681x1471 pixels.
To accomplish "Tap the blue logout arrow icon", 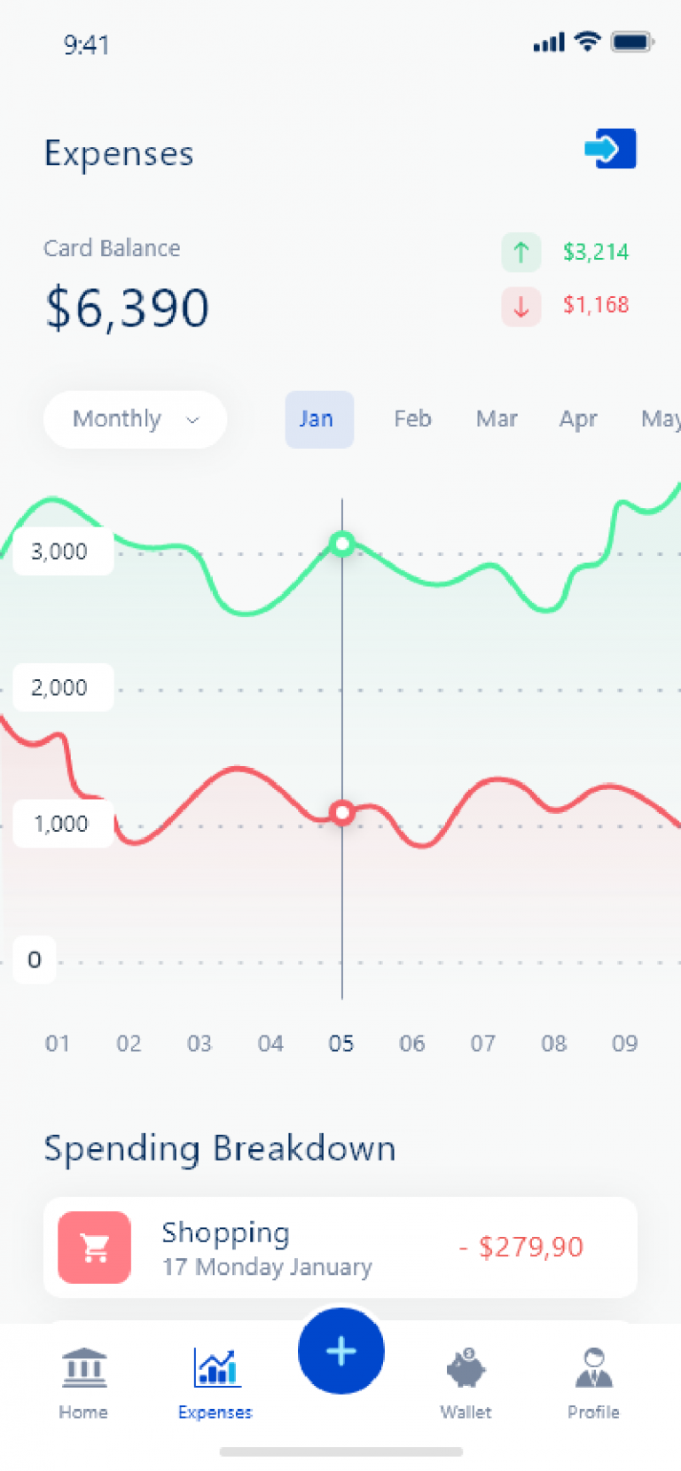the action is click(x=610, y=148).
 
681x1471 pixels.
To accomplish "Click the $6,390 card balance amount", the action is click(x=128, y=308).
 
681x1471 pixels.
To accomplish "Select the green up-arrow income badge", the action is click(x=521, y=252).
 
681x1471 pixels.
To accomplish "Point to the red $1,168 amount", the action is click(x=596, y=305).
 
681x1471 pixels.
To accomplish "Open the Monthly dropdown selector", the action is click(x=136, y=419).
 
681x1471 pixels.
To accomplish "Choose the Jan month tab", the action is click(x=319, y=419).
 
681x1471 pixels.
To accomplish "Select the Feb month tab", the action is click(x=412, y=419).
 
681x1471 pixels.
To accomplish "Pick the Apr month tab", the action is click(x=578, y=419).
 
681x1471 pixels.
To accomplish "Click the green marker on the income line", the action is click(x=342, y=544).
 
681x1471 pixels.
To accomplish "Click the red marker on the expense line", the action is click(x=342, y=813).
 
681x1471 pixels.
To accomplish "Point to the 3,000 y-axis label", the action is click(x=59, y=552).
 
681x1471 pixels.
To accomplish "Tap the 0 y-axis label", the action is click(x=35, y=960).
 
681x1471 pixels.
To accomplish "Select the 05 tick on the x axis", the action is click(x=340, y=1044).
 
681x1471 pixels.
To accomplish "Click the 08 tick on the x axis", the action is click(x=553, y=1044).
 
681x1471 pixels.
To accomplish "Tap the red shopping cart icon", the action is click(x=95, y=1248).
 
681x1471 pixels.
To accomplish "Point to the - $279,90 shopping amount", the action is click(x=521, y=1247).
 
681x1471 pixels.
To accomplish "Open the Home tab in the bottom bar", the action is click(x=83, y=1382).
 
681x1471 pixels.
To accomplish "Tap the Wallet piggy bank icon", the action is click(x=466, y=1367).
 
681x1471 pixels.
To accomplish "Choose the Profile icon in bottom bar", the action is click(x=594, y=1367).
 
